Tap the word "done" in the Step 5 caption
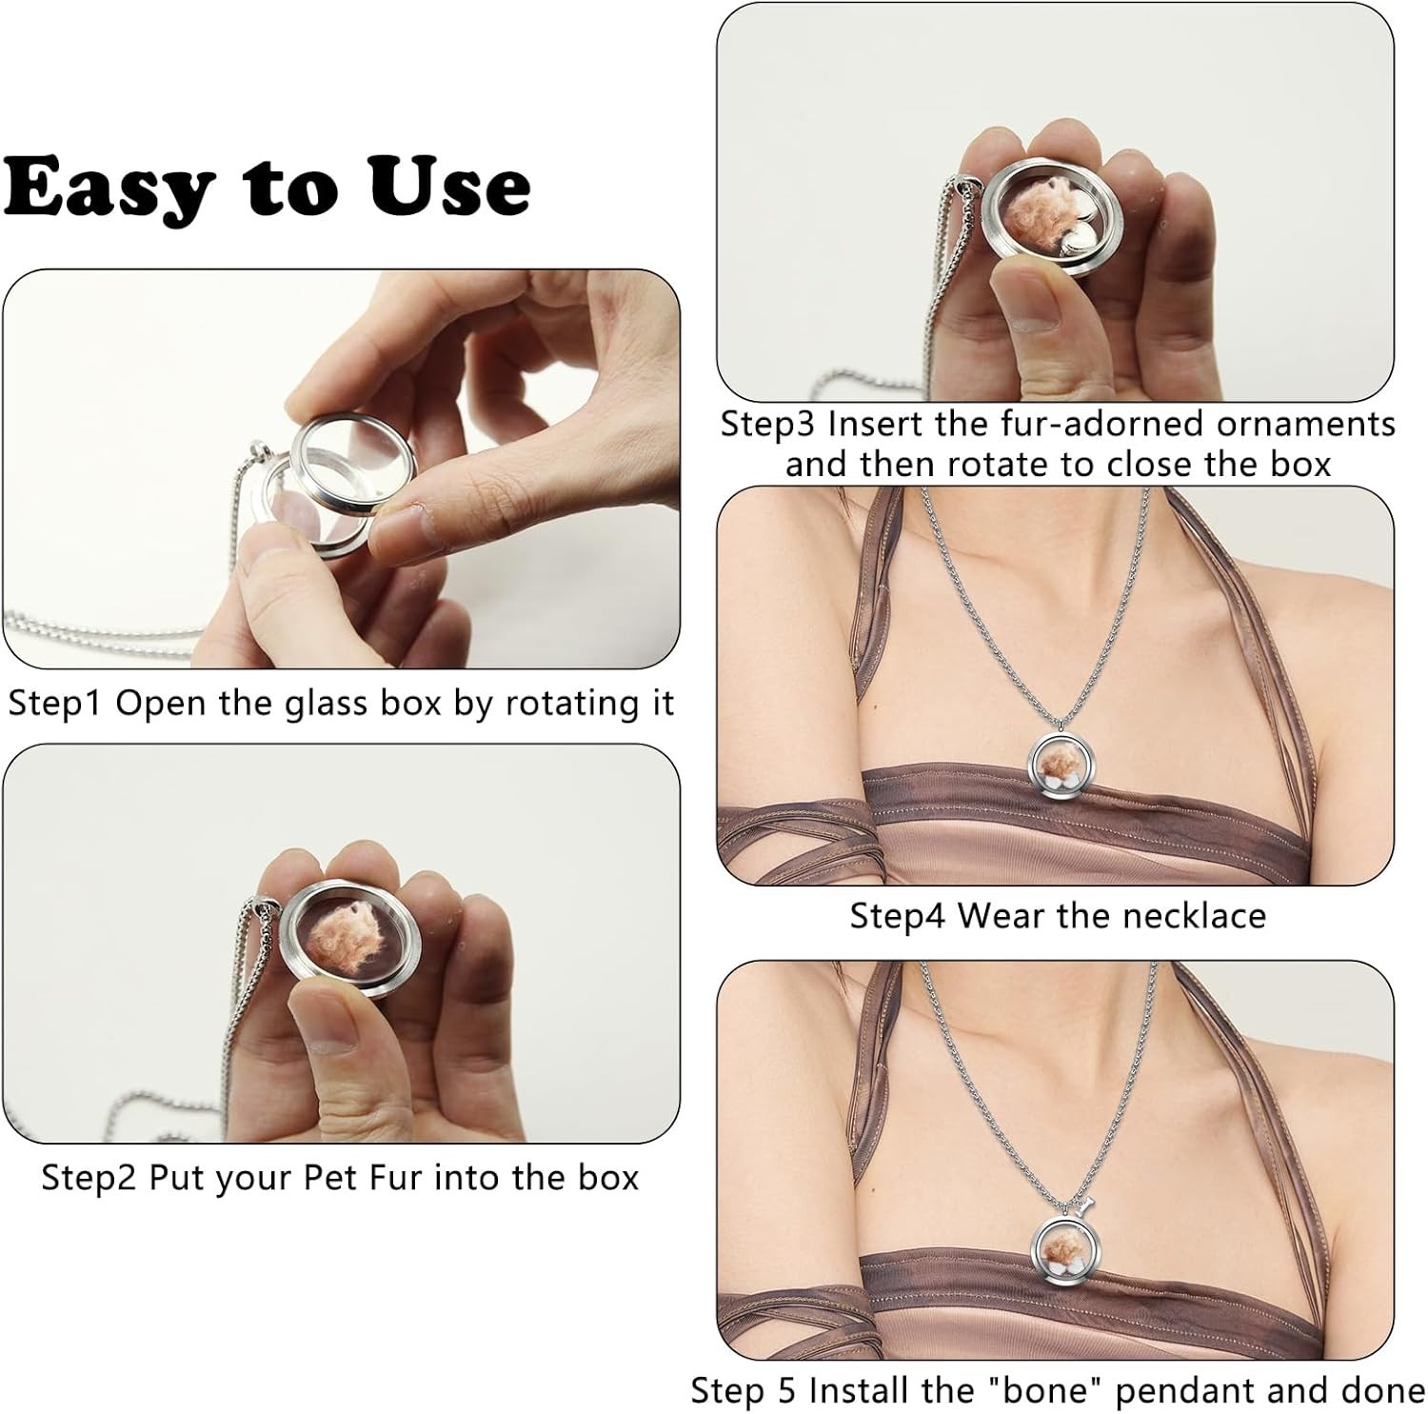pos(1384,1390)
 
